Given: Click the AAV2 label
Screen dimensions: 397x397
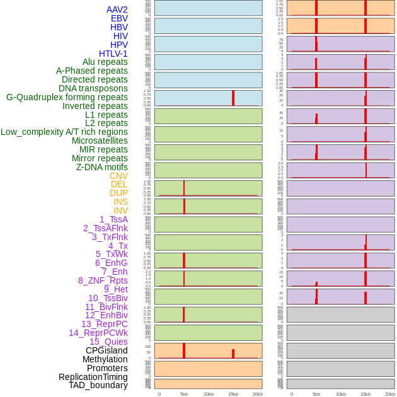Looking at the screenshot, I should coord(117,9).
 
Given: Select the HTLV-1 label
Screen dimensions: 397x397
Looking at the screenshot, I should coord(113,54).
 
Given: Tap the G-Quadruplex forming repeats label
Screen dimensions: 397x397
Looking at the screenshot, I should coord(67,97).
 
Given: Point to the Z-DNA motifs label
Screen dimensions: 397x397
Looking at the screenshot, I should coord(102,167).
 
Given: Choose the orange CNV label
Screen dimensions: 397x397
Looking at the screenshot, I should coord(118,176).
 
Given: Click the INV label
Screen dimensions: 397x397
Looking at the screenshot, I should coord(120,210).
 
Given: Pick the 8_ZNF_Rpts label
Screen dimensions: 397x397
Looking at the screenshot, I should coord(103,280).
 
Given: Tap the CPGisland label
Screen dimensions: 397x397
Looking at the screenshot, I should coord(106,350).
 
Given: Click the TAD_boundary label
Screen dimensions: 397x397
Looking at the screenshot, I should coord(98,385).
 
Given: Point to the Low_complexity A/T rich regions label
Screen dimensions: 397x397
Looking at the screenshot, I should coord(64,132).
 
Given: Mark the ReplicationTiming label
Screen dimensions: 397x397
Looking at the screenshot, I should coord(93,377).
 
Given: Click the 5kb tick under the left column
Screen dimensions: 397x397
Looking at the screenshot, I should coord(184,394).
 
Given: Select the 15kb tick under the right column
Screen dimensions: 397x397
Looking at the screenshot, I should coord(365,394).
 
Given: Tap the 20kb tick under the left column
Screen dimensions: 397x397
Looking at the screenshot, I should coord(258,394).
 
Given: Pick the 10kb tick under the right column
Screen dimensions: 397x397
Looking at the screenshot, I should coord(341,394).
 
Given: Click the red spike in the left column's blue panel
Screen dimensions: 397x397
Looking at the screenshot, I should coord(233,98).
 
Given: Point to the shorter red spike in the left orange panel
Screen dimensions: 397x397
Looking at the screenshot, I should coord(233,354).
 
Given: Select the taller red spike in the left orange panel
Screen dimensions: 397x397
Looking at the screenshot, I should coord(184,351).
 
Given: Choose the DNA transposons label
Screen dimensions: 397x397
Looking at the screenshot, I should coord(93,88).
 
